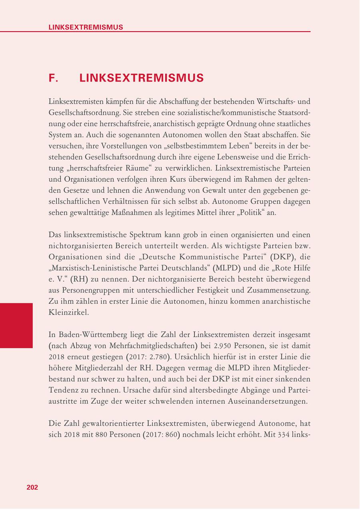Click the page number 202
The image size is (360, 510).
point(32,487)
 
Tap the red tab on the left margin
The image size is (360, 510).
point(16,325)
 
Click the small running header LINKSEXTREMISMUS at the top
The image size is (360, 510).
point(86,27)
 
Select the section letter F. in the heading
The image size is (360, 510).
point(54,78)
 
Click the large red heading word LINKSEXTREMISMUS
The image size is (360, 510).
point(142,78)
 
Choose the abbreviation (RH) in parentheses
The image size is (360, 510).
point(79,279)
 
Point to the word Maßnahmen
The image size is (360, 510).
point(136,213)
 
